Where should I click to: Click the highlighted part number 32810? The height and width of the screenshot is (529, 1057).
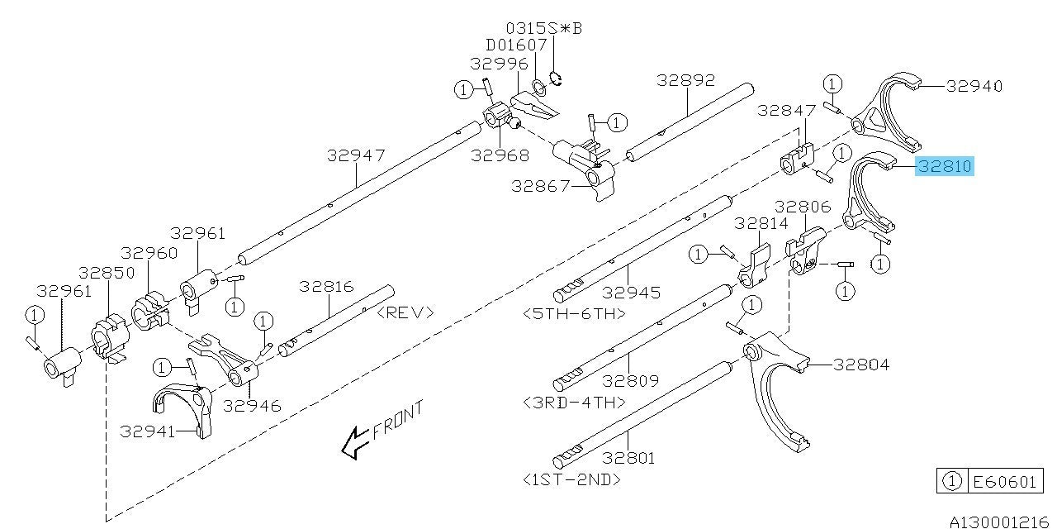[945, 166]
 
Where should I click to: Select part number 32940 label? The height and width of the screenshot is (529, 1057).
[975, 87]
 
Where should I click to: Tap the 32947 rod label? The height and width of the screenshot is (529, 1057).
[356, 155]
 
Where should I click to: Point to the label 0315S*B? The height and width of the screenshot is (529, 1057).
[544, 28]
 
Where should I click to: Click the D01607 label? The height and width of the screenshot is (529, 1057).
[517, 45]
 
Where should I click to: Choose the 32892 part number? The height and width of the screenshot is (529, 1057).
[686, 80]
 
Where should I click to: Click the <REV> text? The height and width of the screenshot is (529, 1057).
[405, 312]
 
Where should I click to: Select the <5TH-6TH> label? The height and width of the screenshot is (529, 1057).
[574, 313]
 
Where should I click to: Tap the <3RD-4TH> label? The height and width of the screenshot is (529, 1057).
[574, 403]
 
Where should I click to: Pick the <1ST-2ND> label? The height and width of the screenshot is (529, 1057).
[572, 480]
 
